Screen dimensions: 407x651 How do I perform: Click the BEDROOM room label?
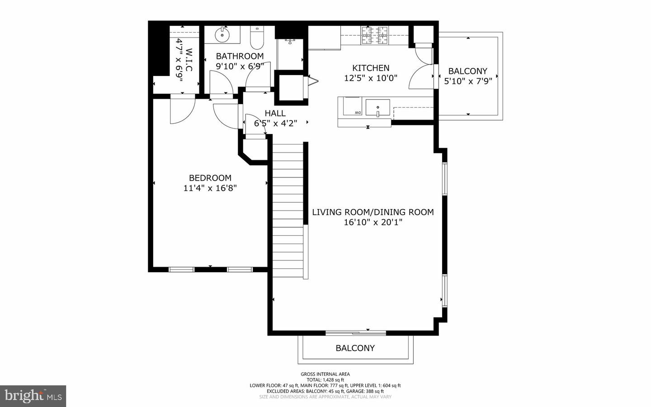click(x=210, y=178)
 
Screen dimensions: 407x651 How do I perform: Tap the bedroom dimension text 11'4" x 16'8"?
click(x=210, y=188)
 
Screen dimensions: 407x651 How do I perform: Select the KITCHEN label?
click(x=371, y=68)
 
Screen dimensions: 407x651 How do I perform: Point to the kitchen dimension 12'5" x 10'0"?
click(x=371, y=78)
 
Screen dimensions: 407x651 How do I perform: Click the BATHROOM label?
click(x=240, y=56)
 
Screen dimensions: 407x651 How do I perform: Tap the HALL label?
click(x=275, y=113)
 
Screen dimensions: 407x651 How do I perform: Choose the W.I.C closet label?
click(x=189, y=60)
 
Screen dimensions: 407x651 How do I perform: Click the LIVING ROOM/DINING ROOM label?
click(x=373, y=212)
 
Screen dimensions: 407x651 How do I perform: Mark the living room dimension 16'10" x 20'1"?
click(x=373, y=222)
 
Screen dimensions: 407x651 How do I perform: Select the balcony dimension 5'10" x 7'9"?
click(x=467, y=81)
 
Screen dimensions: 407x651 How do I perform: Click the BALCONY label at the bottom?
click(x=355, y=348)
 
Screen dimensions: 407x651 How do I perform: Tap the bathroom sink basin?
click(x=222, y=34)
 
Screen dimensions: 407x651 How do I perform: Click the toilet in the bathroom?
click(x=257, y=38)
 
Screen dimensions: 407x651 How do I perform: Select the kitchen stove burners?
click(x=375, y=35)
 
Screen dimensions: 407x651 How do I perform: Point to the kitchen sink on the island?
click(x=377, y=108)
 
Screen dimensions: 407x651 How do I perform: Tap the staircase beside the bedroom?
click(x=288, y=208)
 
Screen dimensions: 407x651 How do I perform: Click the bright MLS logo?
click(x=33, y=396)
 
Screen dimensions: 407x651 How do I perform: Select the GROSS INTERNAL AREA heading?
click(x=325, y=374)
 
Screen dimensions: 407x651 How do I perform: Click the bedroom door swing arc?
click(x=182, y=111)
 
